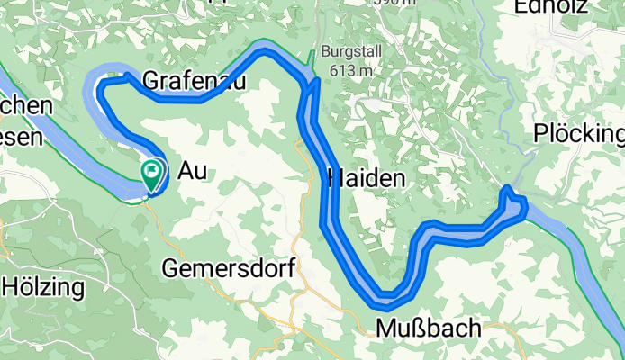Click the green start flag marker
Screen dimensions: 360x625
tap(151, 171)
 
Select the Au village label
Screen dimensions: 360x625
tap(193, 170)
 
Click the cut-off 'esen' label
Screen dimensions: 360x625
tap(22, 137)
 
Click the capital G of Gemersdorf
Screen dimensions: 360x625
tap(171, 266)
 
